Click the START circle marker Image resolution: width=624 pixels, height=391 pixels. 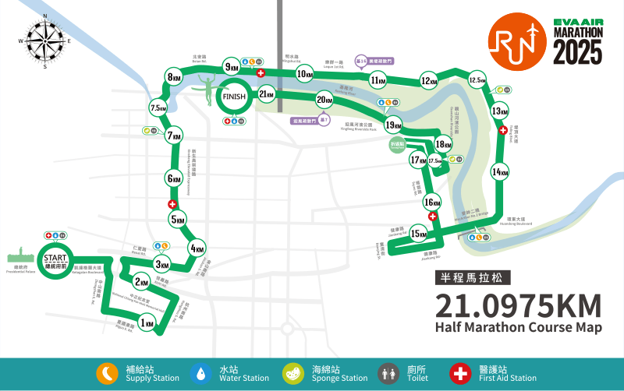(x=55, y=259)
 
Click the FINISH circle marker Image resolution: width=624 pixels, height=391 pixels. (x=234, y=97)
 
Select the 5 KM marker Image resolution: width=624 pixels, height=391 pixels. (x=179, y=220)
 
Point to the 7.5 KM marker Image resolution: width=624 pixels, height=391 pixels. (x=158, y=108)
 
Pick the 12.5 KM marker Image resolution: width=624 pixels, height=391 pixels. (x=477, y=80)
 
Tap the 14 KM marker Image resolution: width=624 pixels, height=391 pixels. (x=500, y=172)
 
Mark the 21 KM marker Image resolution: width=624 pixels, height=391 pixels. (x=266, y=95)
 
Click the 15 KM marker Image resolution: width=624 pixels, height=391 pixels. (x=419, y=234)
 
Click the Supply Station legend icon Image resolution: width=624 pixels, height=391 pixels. (x=107, y=374)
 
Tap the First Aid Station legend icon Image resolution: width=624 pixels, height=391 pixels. (x=460, y=374)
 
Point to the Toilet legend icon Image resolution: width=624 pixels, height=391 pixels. (x=388, y=374)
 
